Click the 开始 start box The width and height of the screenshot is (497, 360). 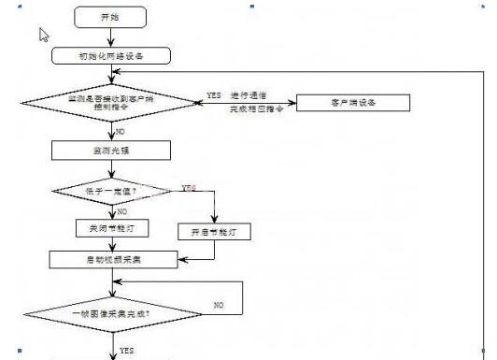click(x=109, y=18)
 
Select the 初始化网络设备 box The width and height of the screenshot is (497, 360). click(x=111, y=56)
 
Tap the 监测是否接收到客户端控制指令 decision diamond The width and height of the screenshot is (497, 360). click(x=109, y=102)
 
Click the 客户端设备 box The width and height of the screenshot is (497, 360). click(x=352, y=102)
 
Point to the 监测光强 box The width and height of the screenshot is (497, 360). click(x=111, y=150)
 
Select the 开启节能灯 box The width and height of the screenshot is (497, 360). click(x=214, y=230)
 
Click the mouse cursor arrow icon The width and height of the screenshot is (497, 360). click(x=43, y=35)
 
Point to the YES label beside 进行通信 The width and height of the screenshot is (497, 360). click(x=214, y=95)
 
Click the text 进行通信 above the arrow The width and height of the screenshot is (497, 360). click(x=250, y=95)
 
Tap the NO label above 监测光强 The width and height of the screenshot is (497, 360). click(x=121, y=132)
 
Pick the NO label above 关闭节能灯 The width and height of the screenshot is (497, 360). click(x=121, y=212)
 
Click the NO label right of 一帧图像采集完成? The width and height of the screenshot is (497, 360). click(x=218, y=305)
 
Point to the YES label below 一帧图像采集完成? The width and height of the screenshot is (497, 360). click(x=126, y=350)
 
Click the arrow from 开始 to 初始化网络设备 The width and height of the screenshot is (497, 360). click(x=110, y=36)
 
